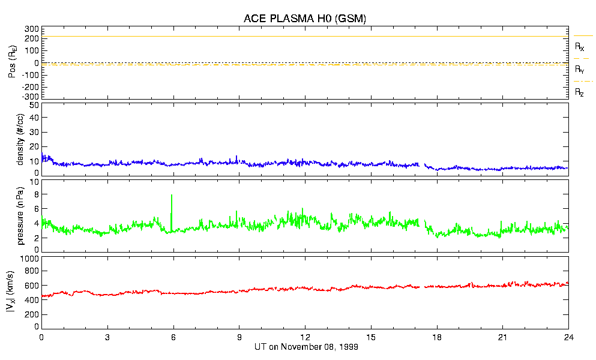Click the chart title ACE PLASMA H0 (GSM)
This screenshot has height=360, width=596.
click(x=304, y=19)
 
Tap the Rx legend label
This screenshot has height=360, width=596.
click(x=579, y=46)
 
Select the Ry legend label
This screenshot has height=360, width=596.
click(x=579, y=70)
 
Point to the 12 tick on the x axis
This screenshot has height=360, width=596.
click(x=305, y=338)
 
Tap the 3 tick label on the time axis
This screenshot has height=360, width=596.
click(x=107, y=338)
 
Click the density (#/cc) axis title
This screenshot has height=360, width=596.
click(x=20, y=139)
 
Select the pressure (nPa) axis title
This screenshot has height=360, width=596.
click(x=20, y=214)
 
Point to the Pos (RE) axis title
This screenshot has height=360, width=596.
click(x=12, y=63)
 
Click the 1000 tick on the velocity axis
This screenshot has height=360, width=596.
click(x=29, y=259)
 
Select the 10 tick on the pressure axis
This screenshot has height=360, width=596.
click(x=34, y=182)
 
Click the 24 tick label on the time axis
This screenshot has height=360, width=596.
click(x=568, y=338)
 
